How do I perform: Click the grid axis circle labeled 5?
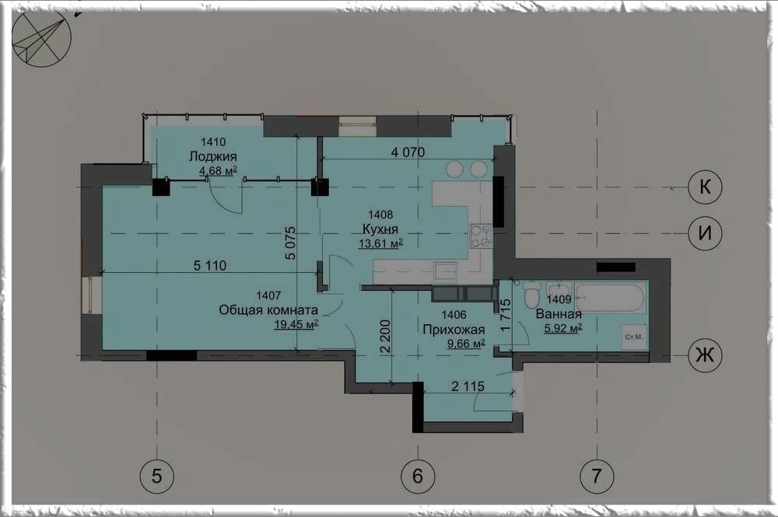click(x=157, y=477)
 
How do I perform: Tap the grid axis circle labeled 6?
click(x=418, y=477)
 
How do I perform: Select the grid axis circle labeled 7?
click(x=597, y=477)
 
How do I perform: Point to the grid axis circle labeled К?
click(x=705, y=187)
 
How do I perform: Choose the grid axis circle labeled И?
click(x=705, y=233)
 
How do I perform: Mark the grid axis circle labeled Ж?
click(x=705, y=355)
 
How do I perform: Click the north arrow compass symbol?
click(x=42, y=37)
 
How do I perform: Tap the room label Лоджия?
click(x=213, y=156)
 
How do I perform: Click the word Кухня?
click(x=380, y=229)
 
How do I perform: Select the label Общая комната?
click(x=268, y=310)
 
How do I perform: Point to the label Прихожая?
click(x=454, y=329)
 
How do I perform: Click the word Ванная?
click(x=559, y=314)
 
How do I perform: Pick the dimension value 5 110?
click(x=210, y=266)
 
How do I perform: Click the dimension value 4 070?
click(x=408, y=152)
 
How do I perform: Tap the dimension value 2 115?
click(x=468, y=386)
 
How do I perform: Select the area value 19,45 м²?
click(x=296, y=325)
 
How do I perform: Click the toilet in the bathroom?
click(x=531, y=295)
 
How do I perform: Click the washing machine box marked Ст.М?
click(x=634, y=337)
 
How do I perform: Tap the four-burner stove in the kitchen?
click(x=481, y=236)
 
